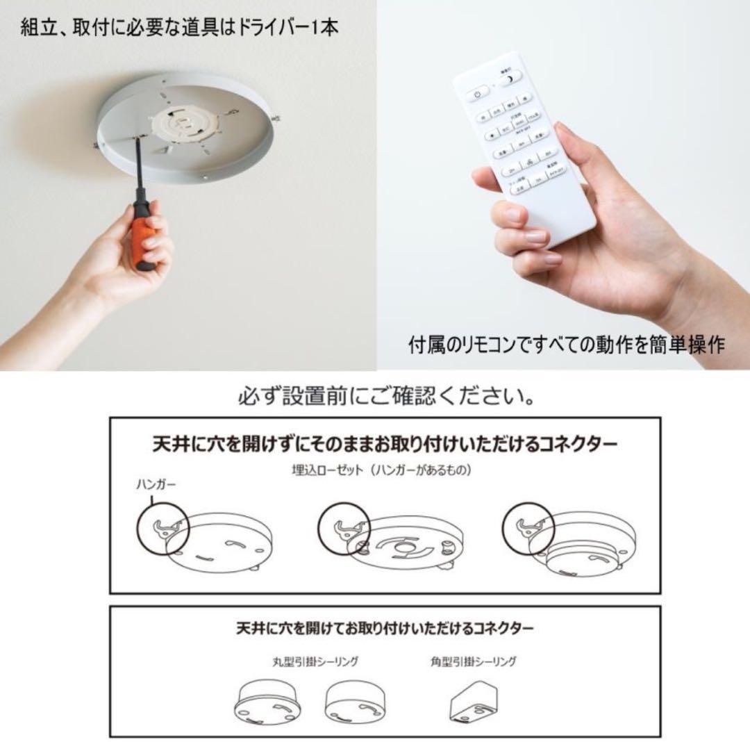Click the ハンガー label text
tap(156, 486)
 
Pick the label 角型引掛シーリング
tap(473, 661)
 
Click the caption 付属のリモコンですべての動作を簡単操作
tap(566, 345)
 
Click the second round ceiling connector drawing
tap(356, 700)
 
